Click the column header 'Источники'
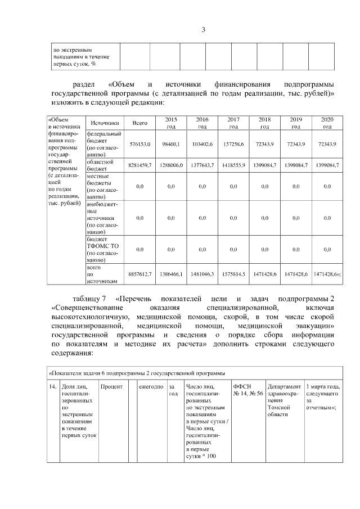[x=105, y=123]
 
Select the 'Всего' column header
[x=139, y=123]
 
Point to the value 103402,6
[x=202, y=145]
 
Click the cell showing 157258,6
[x=233, y=145]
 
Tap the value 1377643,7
[x=202, y=165]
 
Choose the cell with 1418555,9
[x=233, y=165]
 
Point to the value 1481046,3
[x=202, y=274]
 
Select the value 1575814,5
[x=233, y=274]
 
